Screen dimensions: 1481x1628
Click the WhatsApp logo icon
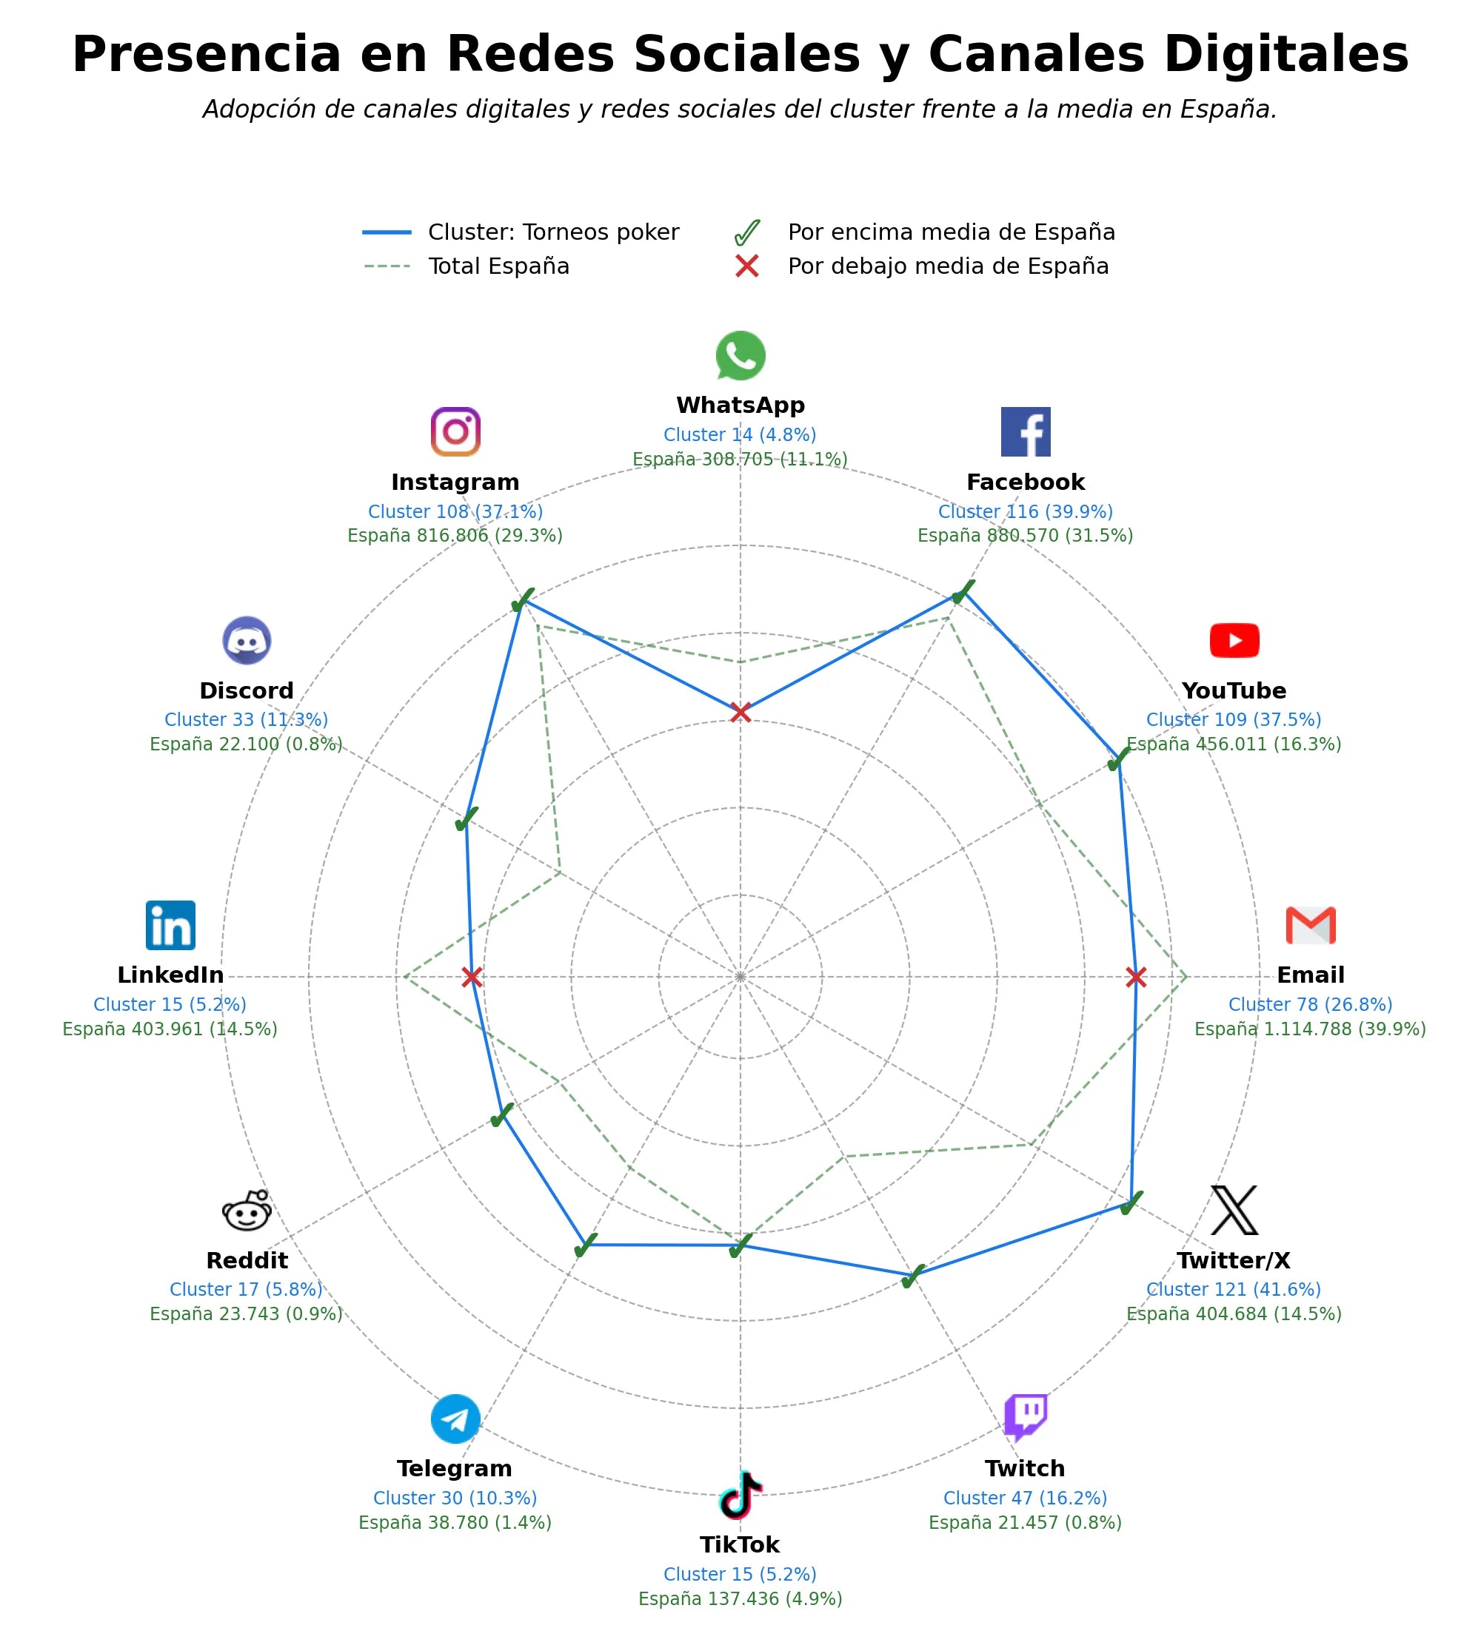click(740, 355)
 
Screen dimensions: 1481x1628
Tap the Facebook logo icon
click(1026, 432)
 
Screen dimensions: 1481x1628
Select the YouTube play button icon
click(1234, 640)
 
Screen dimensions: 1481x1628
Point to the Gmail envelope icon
click(1310, 926)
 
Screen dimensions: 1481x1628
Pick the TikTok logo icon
click(740, 1495)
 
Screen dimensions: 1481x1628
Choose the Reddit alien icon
click(247, 1211)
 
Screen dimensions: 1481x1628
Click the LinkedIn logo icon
click(170, 926)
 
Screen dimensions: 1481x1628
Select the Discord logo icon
click(247, 640)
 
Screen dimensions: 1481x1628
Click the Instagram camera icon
click(455, 432)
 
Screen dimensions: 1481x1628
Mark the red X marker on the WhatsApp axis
click(740, 712)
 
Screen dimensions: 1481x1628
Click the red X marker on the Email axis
click(1135, 977)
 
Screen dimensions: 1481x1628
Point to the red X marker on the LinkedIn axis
click(472, 977)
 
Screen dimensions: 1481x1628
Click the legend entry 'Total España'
click(467, 266)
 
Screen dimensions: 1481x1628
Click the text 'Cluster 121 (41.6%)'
click(1233, 1290)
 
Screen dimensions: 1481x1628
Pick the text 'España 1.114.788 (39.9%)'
click(1310, 1029)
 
